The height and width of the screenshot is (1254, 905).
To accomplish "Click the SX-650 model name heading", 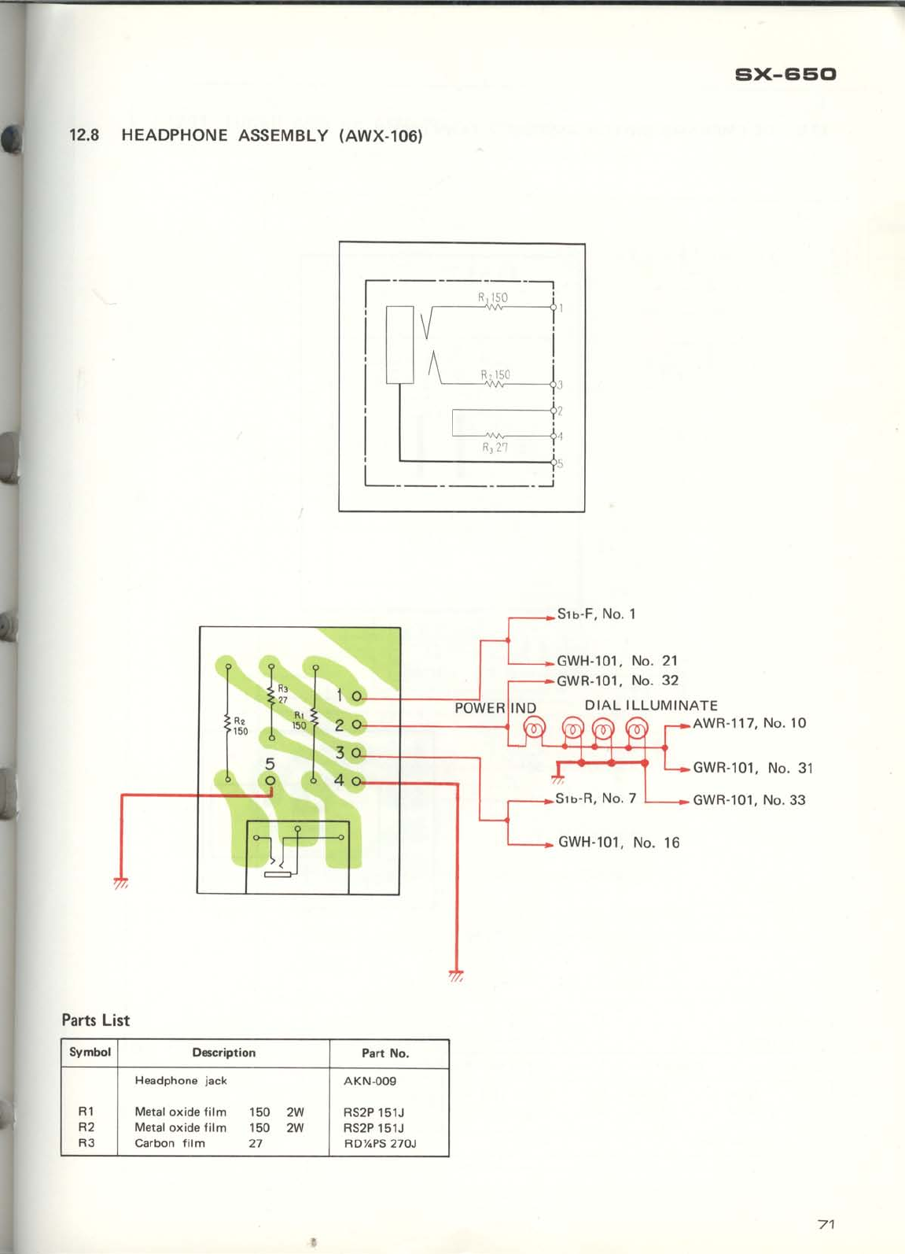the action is pos(785,75).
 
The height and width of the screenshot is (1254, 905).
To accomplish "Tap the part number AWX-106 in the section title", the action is pos(381,136).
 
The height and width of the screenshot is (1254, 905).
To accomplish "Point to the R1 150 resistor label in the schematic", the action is pos(493,298).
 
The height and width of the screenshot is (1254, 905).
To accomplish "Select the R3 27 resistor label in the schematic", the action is pos(495,448).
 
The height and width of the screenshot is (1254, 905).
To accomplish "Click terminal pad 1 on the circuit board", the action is pos(356,696).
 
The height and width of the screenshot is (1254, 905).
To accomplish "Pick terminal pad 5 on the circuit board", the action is pos(270,780).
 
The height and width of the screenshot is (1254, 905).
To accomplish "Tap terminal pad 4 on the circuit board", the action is pos(356,781).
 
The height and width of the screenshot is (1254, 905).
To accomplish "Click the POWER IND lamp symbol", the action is pos(534,728).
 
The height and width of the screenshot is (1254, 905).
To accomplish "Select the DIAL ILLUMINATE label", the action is pos(651,706).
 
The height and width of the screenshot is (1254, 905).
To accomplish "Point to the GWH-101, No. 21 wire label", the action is pos(616,661).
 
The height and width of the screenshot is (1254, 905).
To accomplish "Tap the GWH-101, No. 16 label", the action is pos(618,843).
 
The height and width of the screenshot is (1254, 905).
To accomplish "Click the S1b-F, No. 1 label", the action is pos(596,614).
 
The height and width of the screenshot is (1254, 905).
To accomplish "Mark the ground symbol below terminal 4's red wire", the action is pos(456,976).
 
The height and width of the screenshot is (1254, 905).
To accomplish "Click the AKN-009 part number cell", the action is pos(370,1081).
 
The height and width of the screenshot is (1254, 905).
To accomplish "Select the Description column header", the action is pos(223,1053).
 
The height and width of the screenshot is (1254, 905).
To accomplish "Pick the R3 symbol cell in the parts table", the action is pos(86,1143).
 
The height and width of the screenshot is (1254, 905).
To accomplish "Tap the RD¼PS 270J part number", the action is pos(380,1143).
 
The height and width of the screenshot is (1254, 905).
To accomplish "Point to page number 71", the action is pos(826,1224).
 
